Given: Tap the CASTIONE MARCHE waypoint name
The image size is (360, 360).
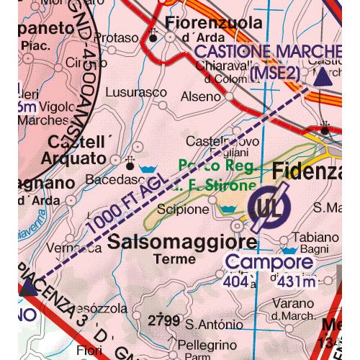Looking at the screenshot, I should (266, 52).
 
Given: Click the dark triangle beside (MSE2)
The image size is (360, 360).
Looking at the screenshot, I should (322, 75).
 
